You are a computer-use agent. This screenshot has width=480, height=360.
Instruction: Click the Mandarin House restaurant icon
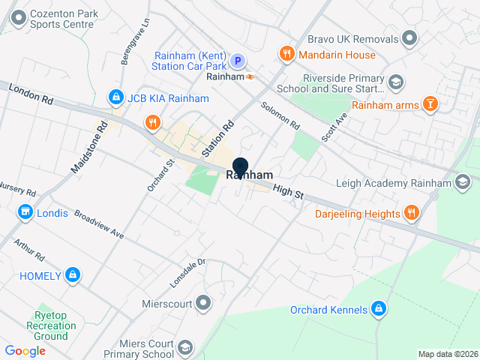click(x=286, y=54)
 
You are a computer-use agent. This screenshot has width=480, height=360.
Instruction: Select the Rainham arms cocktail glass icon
click(x=430, y=104)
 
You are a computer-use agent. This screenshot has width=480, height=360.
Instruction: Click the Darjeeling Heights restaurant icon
click(x=411, y=214)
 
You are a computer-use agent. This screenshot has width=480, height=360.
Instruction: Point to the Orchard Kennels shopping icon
click(x=379, y=309)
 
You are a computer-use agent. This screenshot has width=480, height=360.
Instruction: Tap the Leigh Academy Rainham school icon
click(x=463, y=181)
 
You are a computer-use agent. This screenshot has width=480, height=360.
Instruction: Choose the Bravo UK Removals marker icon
click(x=409, y=37)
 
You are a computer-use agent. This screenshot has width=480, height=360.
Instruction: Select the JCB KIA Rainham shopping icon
click(x=115, y=97)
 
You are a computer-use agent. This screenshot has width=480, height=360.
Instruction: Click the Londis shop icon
click(x=26, y=213)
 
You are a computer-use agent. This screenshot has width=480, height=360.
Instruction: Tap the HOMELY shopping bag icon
click(x=72, y=275)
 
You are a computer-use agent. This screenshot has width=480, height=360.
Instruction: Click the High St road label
click(x=288, y=193)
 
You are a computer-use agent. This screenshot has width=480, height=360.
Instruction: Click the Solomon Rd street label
click(x=280, y=113)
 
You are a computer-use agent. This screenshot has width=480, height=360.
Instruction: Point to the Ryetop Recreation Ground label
click(x=46, y=325)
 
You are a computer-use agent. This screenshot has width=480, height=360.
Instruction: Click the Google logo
click(x=25, y=350)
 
